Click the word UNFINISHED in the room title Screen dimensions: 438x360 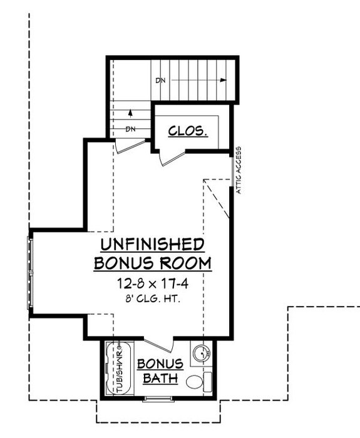[152, 244]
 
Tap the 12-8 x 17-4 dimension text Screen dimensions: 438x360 [152, 283]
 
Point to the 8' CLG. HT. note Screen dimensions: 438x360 [152, 299]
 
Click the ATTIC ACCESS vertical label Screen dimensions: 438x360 [239, 170]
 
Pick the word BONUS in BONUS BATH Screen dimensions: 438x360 [160, 364]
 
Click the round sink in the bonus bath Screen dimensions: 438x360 [201, 354]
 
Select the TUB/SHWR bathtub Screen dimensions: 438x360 [117, 369]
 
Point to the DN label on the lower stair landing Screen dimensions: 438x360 [130, 130]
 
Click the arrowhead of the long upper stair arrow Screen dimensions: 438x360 [222, 80]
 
